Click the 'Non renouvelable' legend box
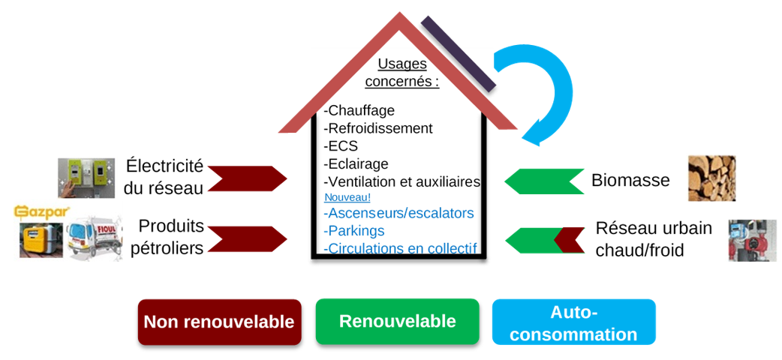pos(219,322)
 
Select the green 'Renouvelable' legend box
pos(397,321)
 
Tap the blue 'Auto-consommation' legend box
pos(573,322)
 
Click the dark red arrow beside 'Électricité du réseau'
pos(247,178)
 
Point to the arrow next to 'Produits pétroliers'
pos(247,238)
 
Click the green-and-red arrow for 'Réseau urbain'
pos(544,240)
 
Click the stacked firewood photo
pos(711,178)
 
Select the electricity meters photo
pos(86,178)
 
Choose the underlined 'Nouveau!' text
pos(347,197)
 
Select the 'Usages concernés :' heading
pos(402,73)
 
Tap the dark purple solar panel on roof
pos(458,52)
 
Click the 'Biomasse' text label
pos(630,180)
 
